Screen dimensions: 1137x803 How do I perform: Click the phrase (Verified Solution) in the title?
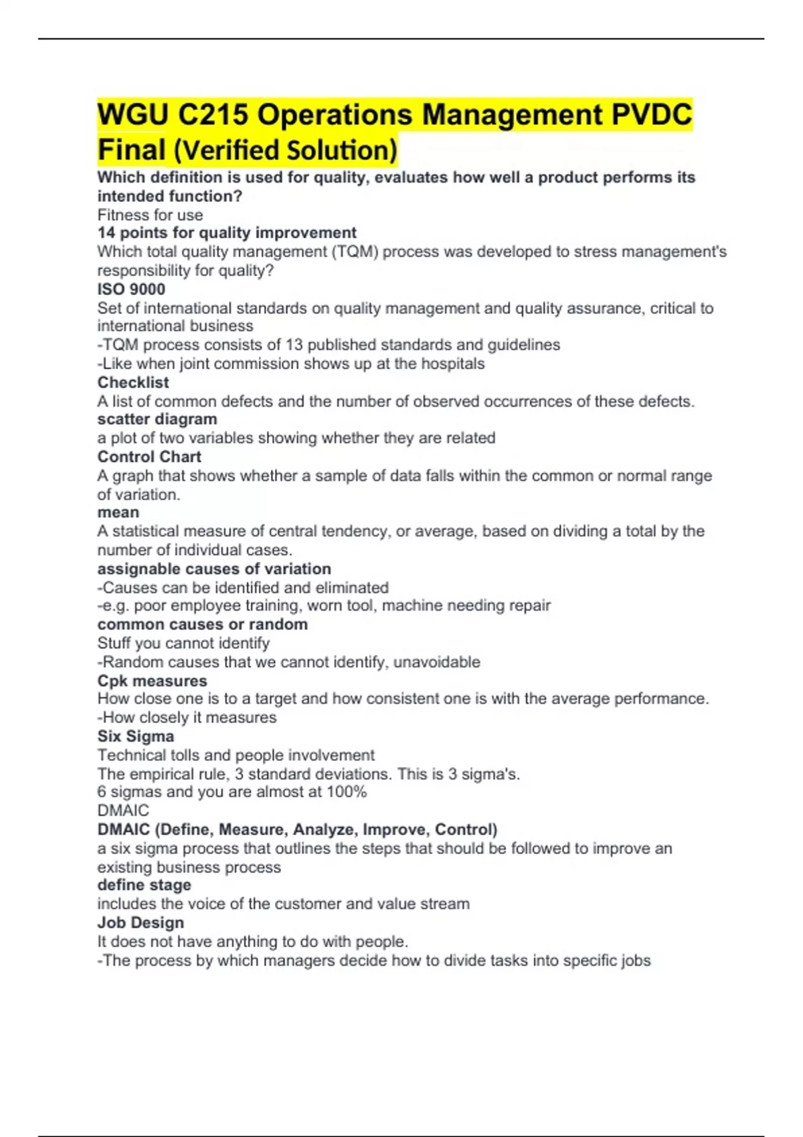285,150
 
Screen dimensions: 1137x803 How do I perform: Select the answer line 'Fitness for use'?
150,215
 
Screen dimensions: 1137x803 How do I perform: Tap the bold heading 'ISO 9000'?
131,289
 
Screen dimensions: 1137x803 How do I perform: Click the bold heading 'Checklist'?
133,382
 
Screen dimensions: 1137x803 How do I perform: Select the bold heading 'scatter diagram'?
157,419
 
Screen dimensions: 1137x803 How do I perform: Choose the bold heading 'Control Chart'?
149,457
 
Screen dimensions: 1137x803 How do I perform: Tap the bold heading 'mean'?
118,512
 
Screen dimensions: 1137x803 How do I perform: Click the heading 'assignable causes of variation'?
214,568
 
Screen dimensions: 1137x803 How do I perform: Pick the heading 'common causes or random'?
203,624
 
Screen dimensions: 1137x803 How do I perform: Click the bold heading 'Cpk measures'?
152,680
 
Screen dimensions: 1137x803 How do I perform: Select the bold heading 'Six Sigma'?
136,736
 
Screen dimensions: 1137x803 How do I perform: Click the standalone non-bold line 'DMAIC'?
123,811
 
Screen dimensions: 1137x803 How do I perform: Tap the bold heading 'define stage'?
145,885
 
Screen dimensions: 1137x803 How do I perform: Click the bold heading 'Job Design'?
141,922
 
